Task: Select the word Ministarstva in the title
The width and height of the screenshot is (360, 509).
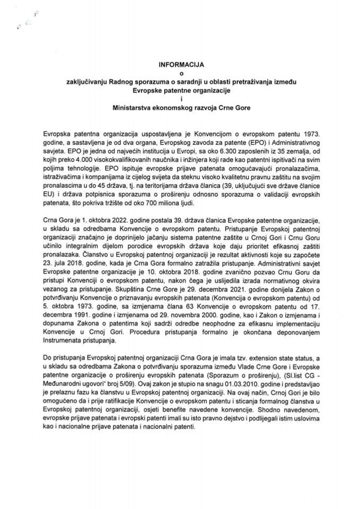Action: click(134, 108)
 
